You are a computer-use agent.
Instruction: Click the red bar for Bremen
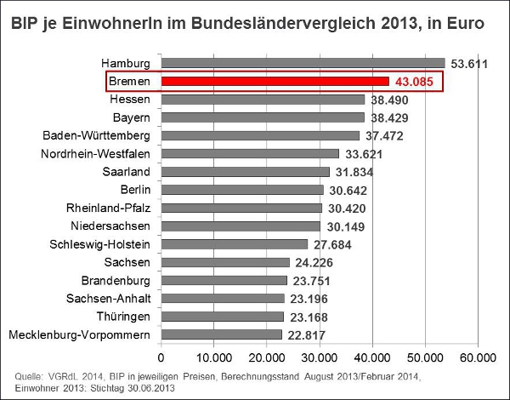275,81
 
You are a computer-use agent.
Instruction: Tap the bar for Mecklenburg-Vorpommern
222,334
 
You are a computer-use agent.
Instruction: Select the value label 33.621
365,154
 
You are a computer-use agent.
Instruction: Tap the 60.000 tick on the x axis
478,356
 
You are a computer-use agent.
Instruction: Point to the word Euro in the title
467,25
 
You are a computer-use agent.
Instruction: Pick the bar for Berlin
242,190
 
